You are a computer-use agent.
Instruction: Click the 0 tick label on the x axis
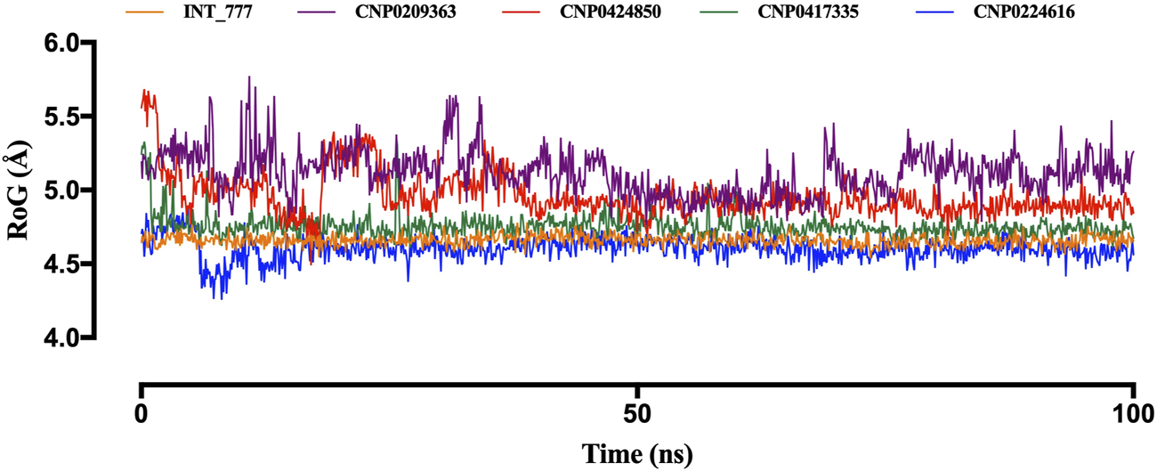pos(141,416)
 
